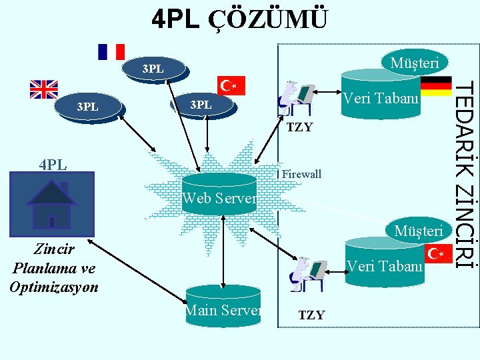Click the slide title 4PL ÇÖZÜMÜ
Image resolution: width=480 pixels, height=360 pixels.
(x=240, y=19)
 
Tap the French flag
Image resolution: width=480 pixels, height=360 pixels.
(x=111, y=52)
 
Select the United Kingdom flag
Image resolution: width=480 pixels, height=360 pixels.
(x=44, y=89)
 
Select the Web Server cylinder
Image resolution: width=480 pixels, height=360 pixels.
(x=220, y=194)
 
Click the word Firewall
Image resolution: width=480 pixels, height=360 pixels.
(x=301, y=175)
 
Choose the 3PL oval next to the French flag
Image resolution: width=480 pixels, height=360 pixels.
(x=154, y=69)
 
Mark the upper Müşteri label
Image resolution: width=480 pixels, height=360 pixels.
(x=414, y=63)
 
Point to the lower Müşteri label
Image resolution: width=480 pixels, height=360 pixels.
(x=418, y=231)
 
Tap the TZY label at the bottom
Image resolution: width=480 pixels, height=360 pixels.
(x=311, y=315)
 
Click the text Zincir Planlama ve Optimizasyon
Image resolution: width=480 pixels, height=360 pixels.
(x=53, y=269)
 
